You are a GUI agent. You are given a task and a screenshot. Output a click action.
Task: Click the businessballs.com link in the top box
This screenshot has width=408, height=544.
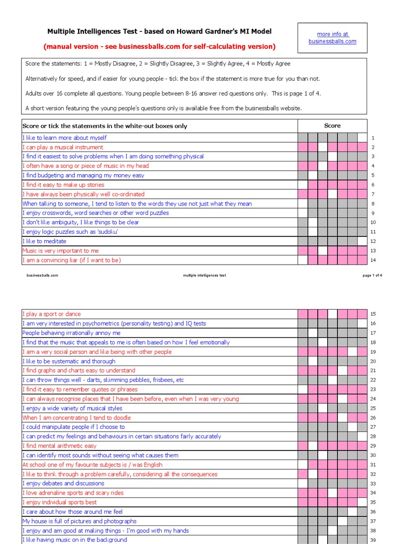[x=332, y=41]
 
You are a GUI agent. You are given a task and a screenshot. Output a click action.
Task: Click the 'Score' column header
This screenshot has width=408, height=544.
[x=332, y=126]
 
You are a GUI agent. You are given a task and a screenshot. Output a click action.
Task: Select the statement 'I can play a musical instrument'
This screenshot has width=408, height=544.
[x=63, y=147]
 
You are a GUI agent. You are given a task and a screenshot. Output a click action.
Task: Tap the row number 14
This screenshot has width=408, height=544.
[x=373, y=260]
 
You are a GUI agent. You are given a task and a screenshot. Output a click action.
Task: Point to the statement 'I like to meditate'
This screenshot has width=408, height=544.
[x=44, y=241]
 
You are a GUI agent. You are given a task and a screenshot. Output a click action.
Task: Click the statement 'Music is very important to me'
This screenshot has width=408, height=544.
[x=61, y=251]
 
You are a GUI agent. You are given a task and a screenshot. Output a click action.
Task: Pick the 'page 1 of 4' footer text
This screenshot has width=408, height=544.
[x=372, y=275]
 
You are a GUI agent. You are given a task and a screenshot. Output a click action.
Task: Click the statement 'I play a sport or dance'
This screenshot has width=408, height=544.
[x=52, y=314]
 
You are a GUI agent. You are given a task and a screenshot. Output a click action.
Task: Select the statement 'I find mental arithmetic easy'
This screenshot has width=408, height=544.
[x=59, y=446]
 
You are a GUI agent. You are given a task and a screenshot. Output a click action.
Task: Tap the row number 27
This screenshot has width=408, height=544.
[x=373, y=427]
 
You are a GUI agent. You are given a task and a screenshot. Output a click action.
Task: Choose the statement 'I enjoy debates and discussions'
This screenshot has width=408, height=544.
[x=63, y=483]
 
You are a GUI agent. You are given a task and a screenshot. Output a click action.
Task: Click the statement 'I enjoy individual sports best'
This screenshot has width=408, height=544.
[x=59, y=502]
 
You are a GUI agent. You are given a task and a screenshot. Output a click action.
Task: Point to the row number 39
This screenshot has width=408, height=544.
[x=373, y=540]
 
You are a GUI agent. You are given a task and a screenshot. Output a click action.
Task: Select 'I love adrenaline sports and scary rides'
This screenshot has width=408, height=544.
[x=73, y=493]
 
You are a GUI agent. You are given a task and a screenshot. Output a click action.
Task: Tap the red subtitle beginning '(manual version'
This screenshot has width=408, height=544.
[x=159, y=46]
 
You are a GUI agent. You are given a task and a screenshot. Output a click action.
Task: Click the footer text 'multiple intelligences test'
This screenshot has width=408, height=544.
[x=204, y=275]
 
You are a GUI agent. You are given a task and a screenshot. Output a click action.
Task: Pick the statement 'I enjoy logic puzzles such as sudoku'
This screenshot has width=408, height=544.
[x=70, y=232]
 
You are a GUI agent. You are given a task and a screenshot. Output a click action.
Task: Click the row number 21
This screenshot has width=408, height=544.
[x=373, y=371]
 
